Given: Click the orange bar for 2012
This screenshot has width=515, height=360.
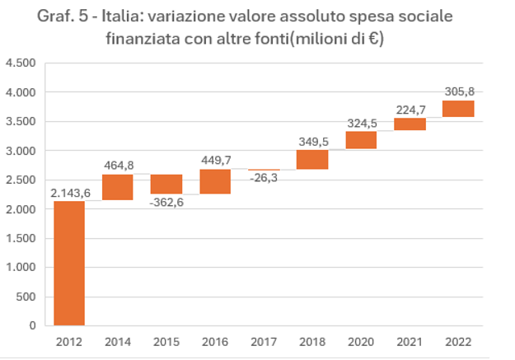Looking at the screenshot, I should pyautogui.click(x=69, y=263).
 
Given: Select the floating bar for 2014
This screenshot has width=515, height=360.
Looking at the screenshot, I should pyautogui.click(x=118, y=187).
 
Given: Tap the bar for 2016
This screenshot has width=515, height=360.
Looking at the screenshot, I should pyautogui.click(x=215, y=182).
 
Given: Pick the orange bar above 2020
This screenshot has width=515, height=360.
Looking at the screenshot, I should pyautogui.click(x=361, y=140).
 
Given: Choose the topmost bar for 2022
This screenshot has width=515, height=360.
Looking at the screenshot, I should pyautogui.click(x=458, y=109).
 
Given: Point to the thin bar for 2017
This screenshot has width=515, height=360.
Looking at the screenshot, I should pyautogui.click(x=264, y=170).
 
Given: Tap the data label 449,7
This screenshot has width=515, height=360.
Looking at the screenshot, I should pyautogui.click(x=215, y=161).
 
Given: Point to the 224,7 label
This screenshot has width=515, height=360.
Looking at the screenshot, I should pyautogui.click(x=410, y=109).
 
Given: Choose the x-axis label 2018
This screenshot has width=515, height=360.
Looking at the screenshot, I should pyautogui.click(x=312, y=341).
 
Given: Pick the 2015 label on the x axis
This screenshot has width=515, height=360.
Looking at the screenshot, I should pyautogui.click(x=166, y=341).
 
